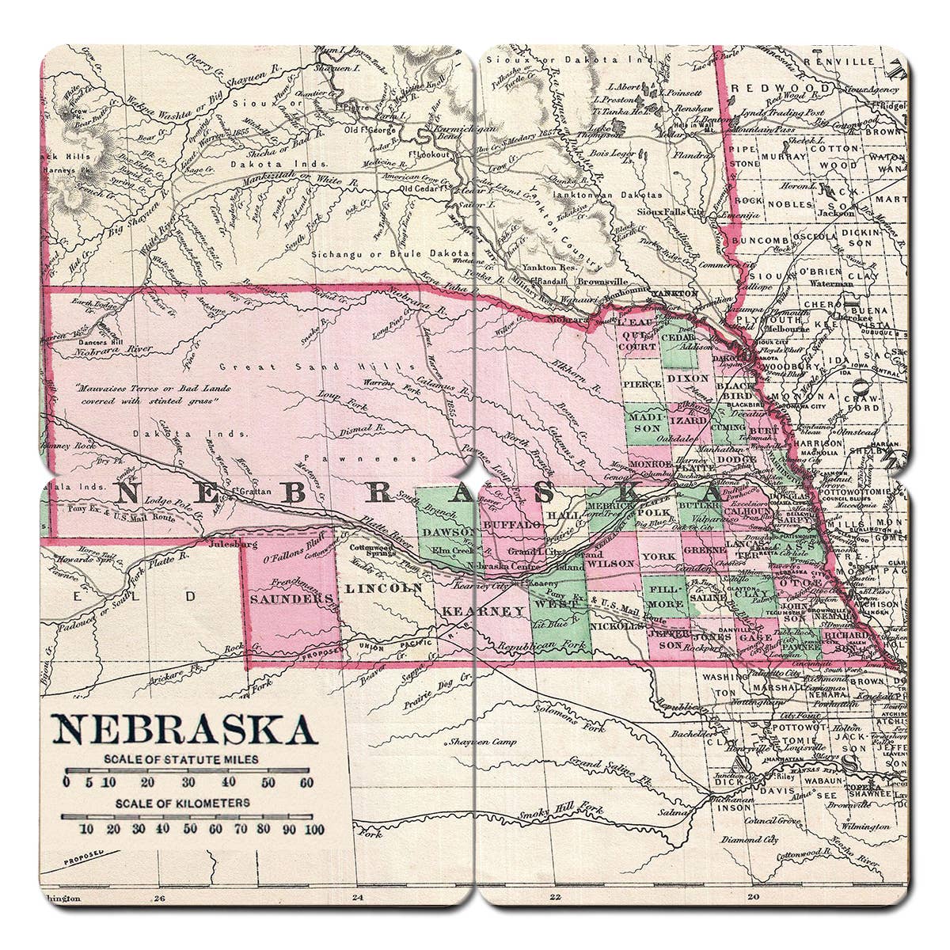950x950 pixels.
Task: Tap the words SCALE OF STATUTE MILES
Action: point(186,759)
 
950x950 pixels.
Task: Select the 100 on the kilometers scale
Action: point(313,830)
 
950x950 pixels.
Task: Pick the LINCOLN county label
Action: point(384,588)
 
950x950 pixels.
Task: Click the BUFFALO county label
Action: point(511,525)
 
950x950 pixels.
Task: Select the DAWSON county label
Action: point(448,532)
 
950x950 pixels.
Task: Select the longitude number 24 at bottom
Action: point(357,898)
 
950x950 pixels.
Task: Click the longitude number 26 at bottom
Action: point(159,898)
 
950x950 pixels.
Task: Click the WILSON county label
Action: point(610,563)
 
